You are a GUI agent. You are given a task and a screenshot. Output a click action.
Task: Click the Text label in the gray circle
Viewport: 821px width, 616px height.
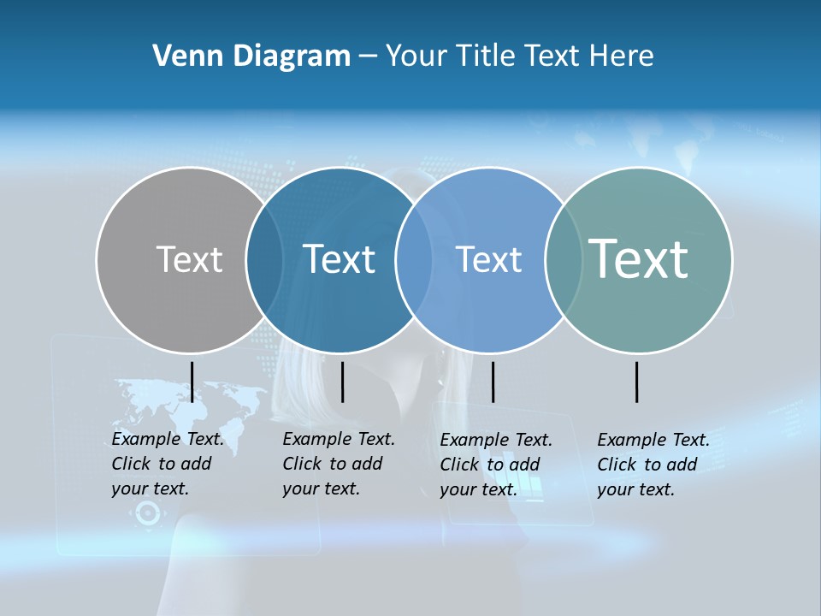(189, 259)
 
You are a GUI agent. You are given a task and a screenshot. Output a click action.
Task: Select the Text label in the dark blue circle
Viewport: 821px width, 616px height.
(339, 259)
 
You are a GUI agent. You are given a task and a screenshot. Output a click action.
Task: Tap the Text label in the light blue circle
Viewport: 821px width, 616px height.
(488, 259)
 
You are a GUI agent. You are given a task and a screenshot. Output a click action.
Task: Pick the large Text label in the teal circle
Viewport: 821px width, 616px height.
(638, 258)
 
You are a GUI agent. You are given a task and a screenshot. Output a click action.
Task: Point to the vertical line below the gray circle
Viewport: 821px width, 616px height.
(192, 382)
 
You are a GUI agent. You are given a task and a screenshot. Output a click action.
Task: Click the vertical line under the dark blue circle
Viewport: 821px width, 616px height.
(342, 382)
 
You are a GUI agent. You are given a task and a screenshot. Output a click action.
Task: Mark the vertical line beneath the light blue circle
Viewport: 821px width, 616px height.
(493, 382)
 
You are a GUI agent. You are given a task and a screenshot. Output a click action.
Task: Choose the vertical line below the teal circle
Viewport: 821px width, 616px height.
(636, 382)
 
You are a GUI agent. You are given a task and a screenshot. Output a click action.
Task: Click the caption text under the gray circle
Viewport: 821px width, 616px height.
(167, 464)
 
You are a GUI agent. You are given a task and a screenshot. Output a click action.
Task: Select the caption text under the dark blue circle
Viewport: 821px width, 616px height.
(338, 464)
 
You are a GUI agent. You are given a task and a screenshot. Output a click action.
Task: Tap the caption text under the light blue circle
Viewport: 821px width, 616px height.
(495, 465)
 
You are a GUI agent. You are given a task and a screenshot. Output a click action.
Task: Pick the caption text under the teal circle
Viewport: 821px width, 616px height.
(653, 465)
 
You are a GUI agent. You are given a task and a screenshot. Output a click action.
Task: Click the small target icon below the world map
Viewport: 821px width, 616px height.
(148, 513)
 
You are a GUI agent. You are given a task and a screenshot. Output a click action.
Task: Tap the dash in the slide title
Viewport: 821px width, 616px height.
(368, 56)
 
